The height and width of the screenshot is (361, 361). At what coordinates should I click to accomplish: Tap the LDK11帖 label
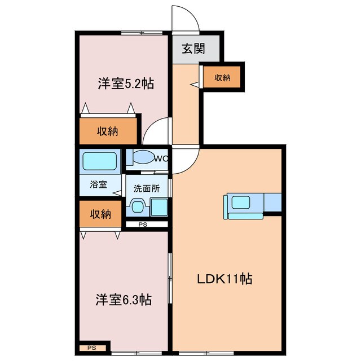(223, 278)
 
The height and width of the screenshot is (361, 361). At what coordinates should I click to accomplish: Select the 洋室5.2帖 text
(126, 84)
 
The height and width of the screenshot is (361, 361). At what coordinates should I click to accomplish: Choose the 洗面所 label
(146, 189)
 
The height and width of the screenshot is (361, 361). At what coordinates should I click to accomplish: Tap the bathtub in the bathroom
(99, 161)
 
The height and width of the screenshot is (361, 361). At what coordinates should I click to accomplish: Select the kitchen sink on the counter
(242, 202)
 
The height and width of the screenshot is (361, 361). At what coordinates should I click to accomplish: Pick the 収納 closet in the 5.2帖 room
(107, 131)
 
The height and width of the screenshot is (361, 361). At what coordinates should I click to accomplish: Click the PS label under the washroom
(143, 224)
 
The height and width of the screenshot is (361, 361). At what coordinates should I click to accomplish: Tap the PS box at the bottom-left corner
(91, 348)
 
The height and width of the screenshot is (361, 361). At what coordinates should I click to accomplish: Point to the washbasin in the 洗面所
(137, 207)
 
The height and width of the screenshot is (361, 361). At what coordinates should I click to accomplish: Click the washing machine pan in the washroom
(159, 207)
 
